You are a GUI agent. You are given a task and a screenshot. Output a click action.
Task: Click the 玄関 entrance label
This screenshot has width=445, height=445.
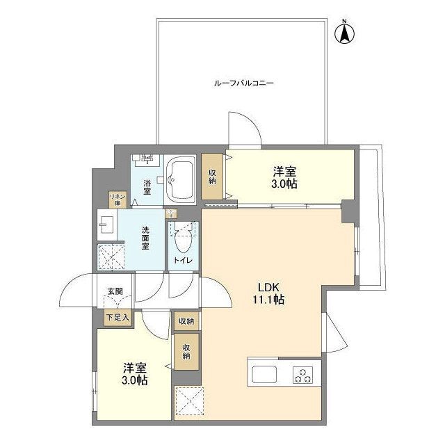115,292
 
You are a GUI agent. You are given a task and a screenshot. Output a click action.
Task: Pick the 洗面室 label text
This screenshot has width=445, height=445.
145,238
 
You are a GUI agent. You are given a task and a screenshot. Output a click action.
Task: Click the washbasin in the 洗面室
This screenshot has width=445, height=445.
106,224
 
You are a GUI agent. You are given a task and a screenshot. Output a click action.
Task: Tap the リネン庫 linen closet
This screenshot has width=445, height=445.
116,200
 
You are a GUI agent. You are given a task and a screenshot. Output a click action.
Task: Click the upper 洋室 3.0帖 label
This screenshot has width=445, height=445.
285,177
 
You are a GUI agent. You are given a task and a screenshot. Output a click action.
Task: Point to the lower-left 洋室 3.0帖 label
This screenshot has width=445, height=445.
134,374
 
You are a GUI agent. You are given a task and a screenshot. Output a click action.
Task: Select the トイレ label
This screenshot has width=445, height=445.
184,260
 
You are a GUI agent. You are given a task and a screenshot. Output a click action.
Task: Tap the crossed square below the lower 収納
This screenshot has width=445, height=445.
187,401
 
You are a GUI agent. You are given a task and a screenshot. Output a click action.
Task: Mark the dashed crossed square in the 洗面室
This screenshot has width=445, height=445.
110,257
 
